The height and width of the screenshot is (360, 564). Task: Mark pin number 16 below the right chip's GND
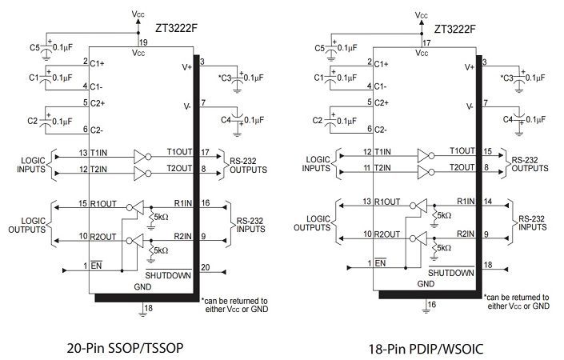coord(430,305)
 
